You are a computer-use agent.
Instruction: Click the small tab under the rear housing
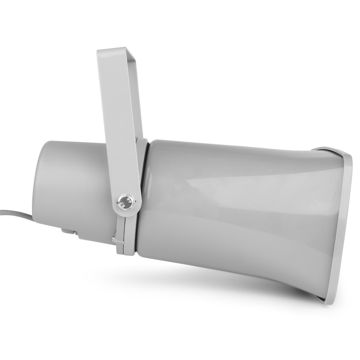point(67,232)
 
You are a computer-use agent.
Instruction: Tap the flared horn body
point(234,211)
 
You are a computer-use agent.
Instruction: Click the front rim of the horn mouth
point(342,225)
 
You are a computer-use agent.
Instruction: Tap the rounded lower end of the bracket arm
point(126,211)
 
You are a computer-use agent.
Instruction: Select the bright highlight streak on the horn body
point(234,180)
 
